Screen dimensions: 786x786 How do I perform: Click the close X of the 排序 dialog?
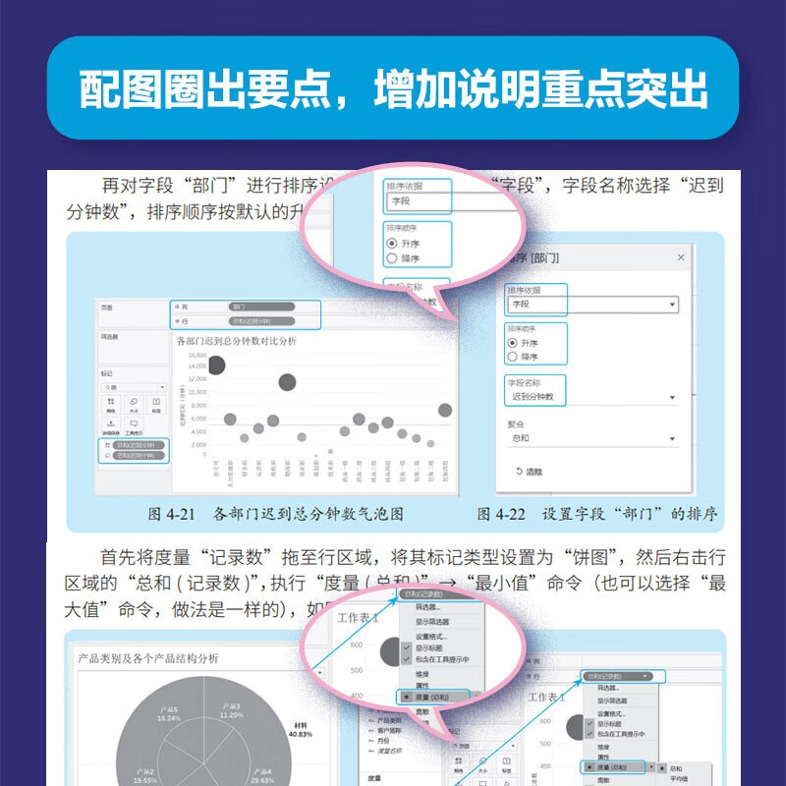coord(681,257)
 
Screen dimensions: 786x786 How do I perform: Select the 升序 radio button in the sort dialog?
coord(512,342)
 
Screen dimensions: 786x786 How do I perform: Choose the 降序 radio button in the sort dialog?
coord(512,357)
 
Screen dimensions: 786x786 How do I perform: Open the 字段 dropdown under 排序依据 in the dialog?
coord(590,306)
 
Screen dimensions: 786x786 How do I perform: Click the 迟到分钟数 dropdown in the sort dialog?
coord(590,397)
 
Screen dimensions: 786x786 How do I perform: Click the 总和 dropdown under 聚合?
coord(590,438)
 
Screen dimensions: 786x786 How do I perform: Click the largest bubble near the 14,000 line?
coord(216,365)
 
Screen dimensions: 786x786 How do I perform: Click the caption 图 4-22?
coord(501,514)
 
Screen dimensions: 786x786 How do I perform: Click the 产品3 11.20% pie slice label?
coord(231,710)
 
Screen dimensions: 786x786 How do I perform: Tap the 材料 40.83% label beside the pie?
coord(300,728)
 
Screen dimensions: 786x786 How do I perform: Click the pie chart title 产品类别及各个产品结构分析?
coord(147,658)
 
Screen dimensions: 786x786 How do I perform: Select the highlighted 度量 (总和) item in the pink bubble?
coord(433,696)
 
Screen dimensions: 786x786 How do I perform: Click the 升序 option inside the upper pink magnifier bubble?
coord(406,242)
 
